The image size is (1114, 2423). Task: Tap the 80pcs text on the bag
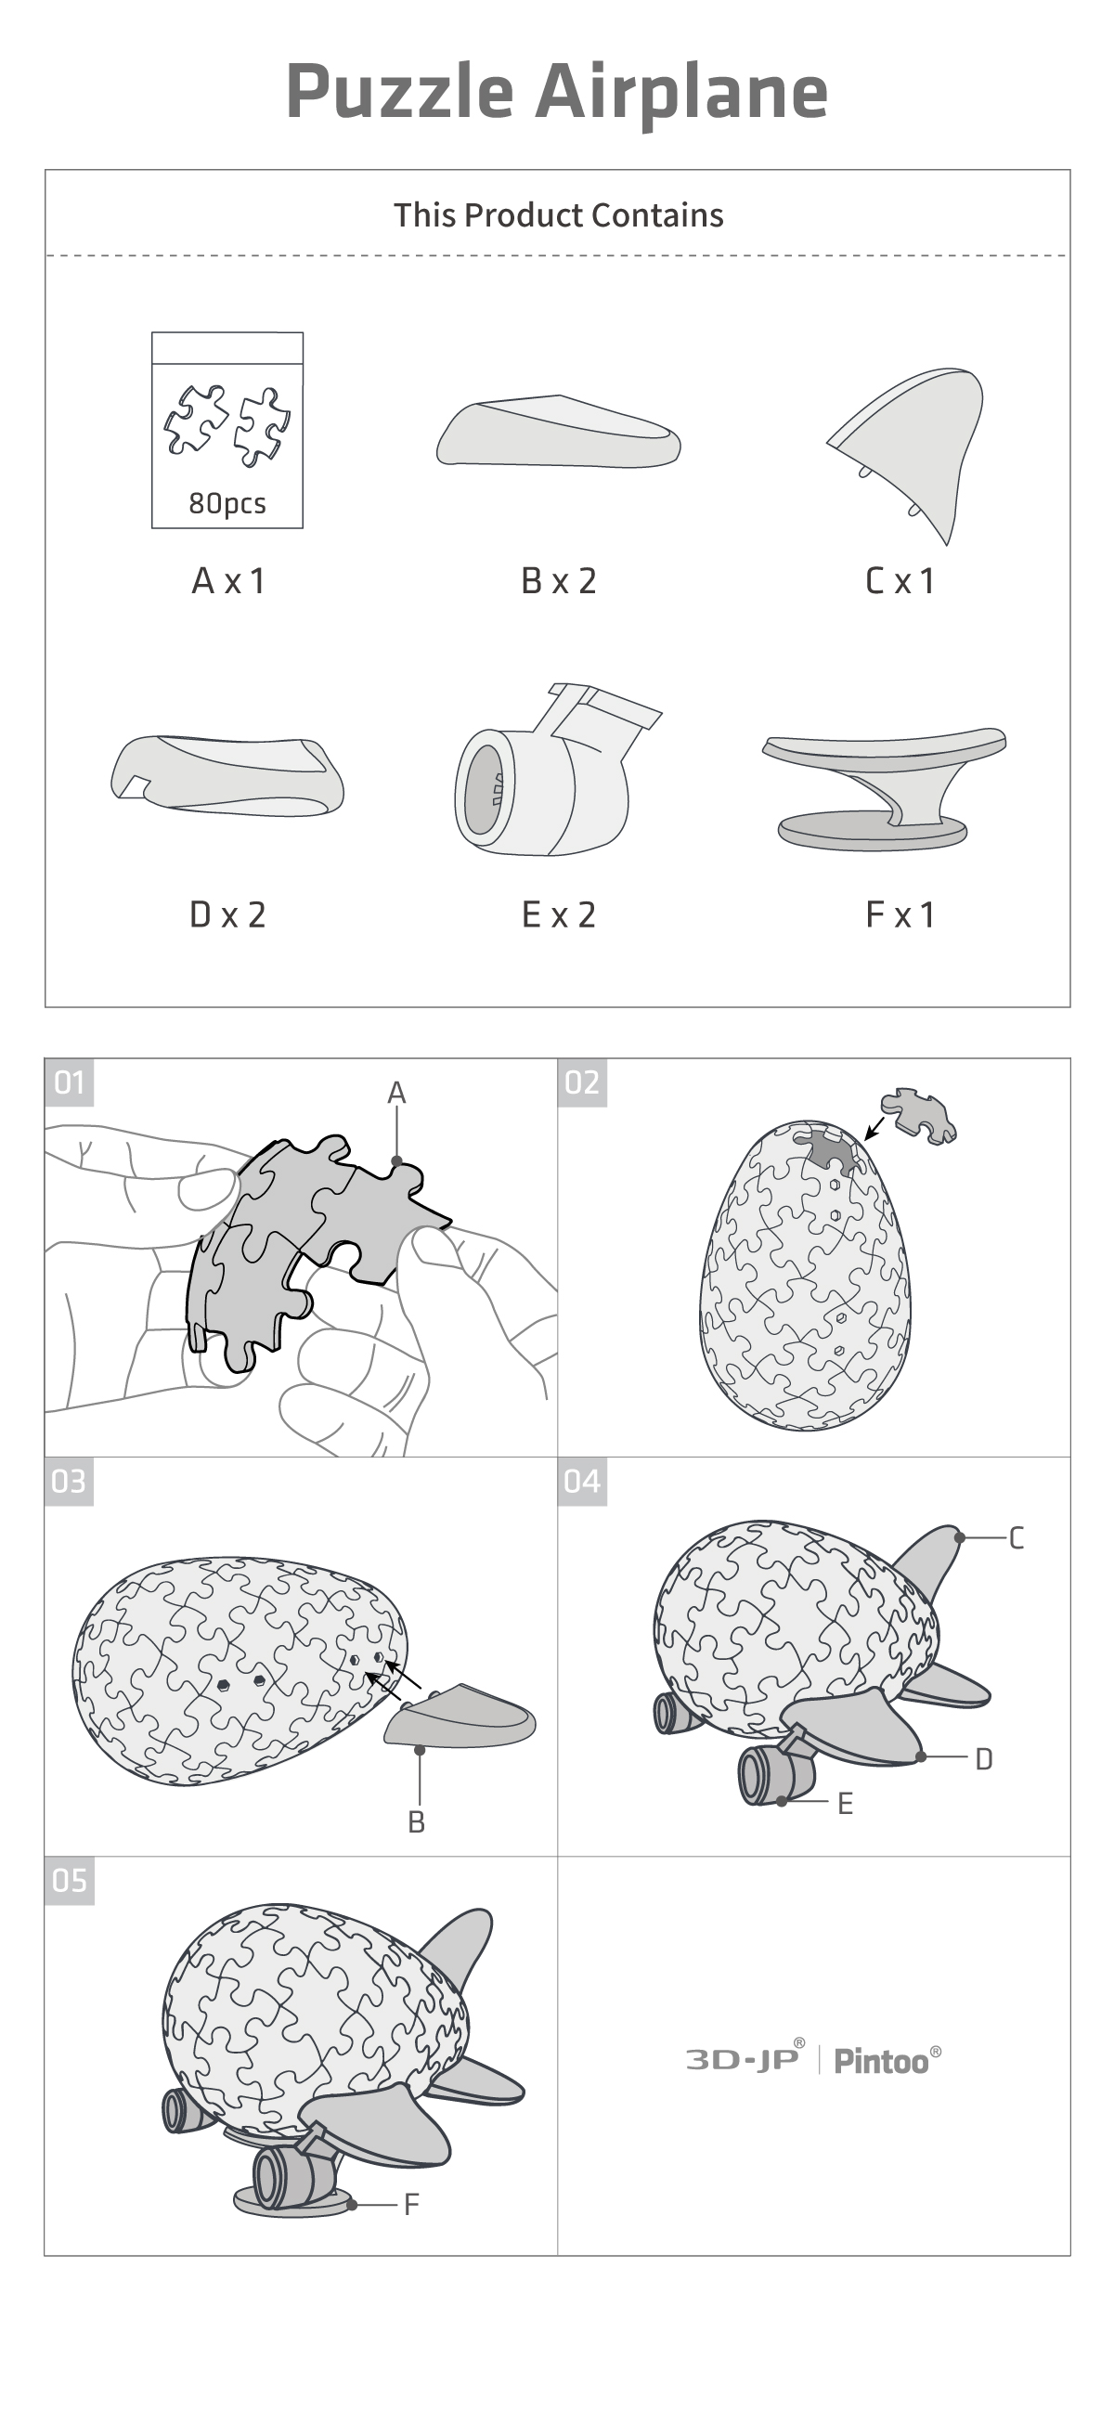click(227, 503)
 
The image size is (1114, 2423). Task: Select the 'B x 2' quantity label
click(559, 581)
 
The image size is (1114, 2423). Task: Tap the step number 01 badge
click(70, 1082)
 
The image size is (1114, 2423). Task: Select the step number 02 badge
click(582, 1082)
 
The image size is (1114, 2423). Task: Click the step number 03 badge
click(70, 1482)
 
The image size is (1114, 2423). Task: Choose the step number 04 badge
click(582, 1482)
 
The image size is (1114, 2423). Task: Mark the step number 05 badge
click(70, 1880)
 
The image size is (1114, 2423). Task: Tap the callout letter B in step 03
click(417, 1822)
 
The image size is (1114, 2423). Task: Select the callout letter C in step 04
click(1017, 1538)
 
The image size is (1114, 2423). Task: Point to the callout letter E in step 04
click(845, 1803)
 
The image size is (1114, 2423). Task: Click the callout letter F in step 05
click(411, 2204)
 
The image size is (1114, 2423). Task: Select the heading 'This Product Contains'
click(558, 215)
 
